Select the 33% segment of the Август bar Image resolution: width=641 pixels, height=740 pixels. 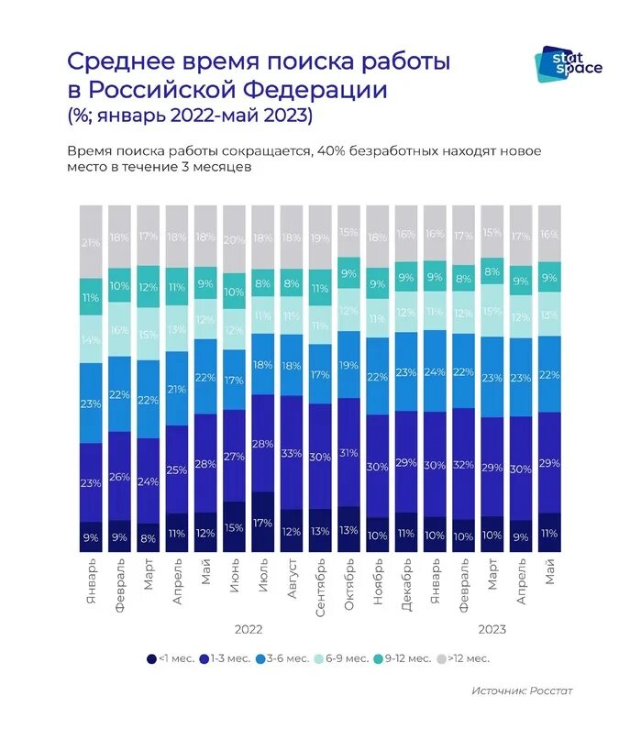point(292,453)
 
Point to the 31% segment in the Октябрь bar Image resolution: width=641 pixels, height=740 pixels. point(348,452)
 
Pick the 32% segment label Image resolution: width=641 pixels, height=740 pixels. point(464,464)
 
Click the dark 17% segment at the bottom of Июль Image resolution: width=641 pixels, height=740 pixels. point(263,524)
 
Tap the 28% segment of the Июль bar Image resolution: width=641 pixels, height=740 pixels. point(263,444)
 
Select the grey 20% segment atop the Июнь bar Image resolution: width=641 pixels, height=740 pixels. point(235,239)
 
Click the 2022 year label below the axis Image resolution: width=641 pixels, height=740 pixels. point(249,630)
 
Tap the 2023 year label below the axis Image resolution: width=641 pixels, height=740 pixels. point(492,630)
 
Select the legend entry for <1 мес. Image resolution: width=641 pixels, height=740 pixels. point(172,658)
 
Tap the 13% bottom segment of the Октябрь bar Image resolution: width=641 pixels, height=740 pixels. point(348,530)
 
